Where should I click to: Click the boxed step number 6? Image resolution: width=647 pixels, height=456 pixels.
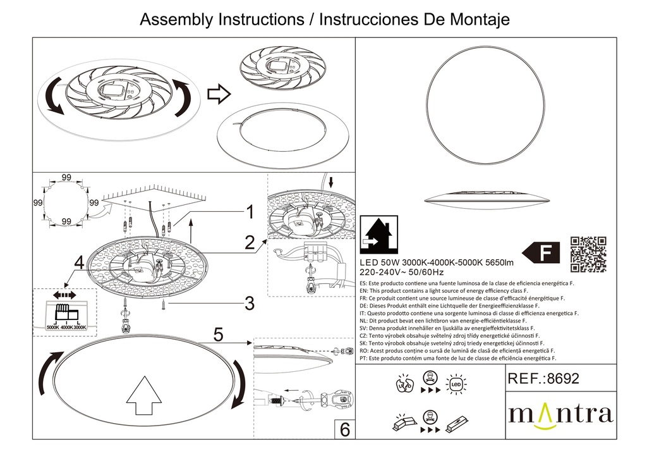pyautogui.click(x=344, y=429)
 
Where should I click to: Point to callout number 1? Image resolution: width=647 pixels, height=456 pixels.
pyautogui.click(x=250, y=212)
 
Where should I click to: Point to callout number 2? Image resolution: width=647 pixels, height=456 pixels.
pyautogui.click(x=250, y=241)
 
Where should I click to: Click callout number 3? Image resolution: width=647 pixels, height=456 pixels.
pyautogui.click(x=250, y=304)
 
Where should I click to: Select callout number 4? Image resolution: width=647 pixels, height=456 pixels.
pyautogui.click(x=78, y=261)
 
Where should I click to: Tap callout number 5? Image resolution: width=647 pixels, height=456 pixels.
pyautogui.click(x=218, y=335)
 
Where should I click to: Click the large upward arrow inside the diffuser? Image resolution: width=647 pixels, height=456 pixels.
pyautogui.click(x=145, y=396)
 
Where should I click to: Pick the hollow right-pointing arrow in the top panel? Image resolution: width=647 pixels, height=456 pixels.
pyautogui.click(x=219, y=95)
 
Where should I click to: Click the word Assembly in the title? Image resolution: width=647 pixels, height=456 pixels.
pyautogui.click(x=175, y=20)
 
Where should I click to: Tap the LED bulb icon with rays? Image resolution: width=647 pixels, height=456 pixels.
pyautogui.click(x=456, y=383)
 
